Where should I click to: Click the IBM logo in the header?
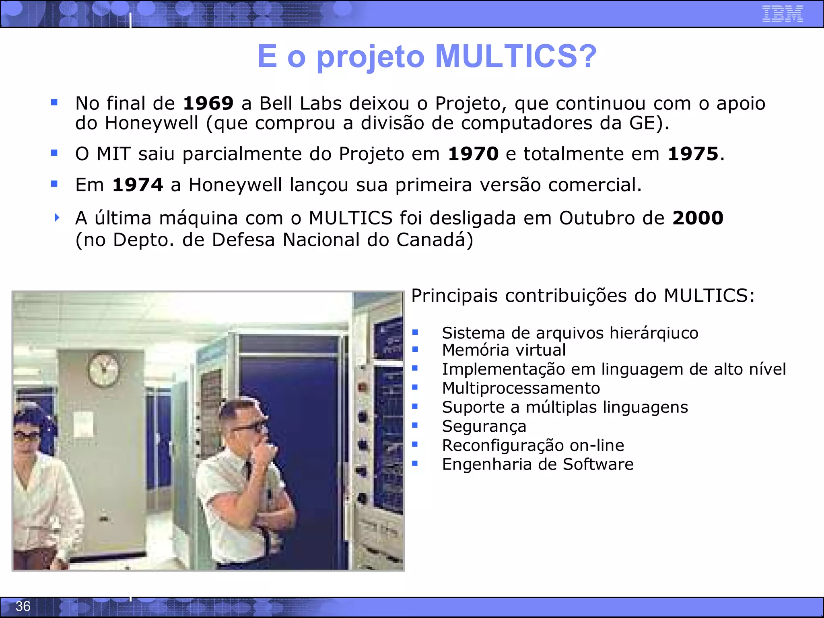782,14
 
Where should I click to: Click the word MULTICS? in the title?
516,56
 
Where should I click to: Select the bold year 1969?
208,103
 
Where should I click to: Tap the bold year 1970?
473,154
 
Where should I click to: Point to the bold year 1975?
693,154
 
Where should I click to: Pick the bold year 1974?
138,185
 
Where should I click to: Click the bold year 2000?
698,218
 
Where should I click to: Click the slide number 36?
23,606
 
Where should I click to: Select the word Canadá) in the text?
435,240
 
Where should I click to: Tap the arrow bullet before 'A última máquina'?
57,218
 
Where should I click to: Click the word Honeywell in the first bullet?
152,123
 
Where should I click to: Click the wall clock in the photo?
104,369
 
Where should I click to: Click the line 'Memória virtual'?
504,350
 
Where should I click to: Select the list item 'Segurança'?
484,426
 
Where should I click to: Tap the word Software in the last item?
598,464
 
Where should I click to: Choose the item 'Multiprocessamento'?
521,388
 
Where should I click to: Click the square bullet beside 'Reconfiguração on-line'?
415,445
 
